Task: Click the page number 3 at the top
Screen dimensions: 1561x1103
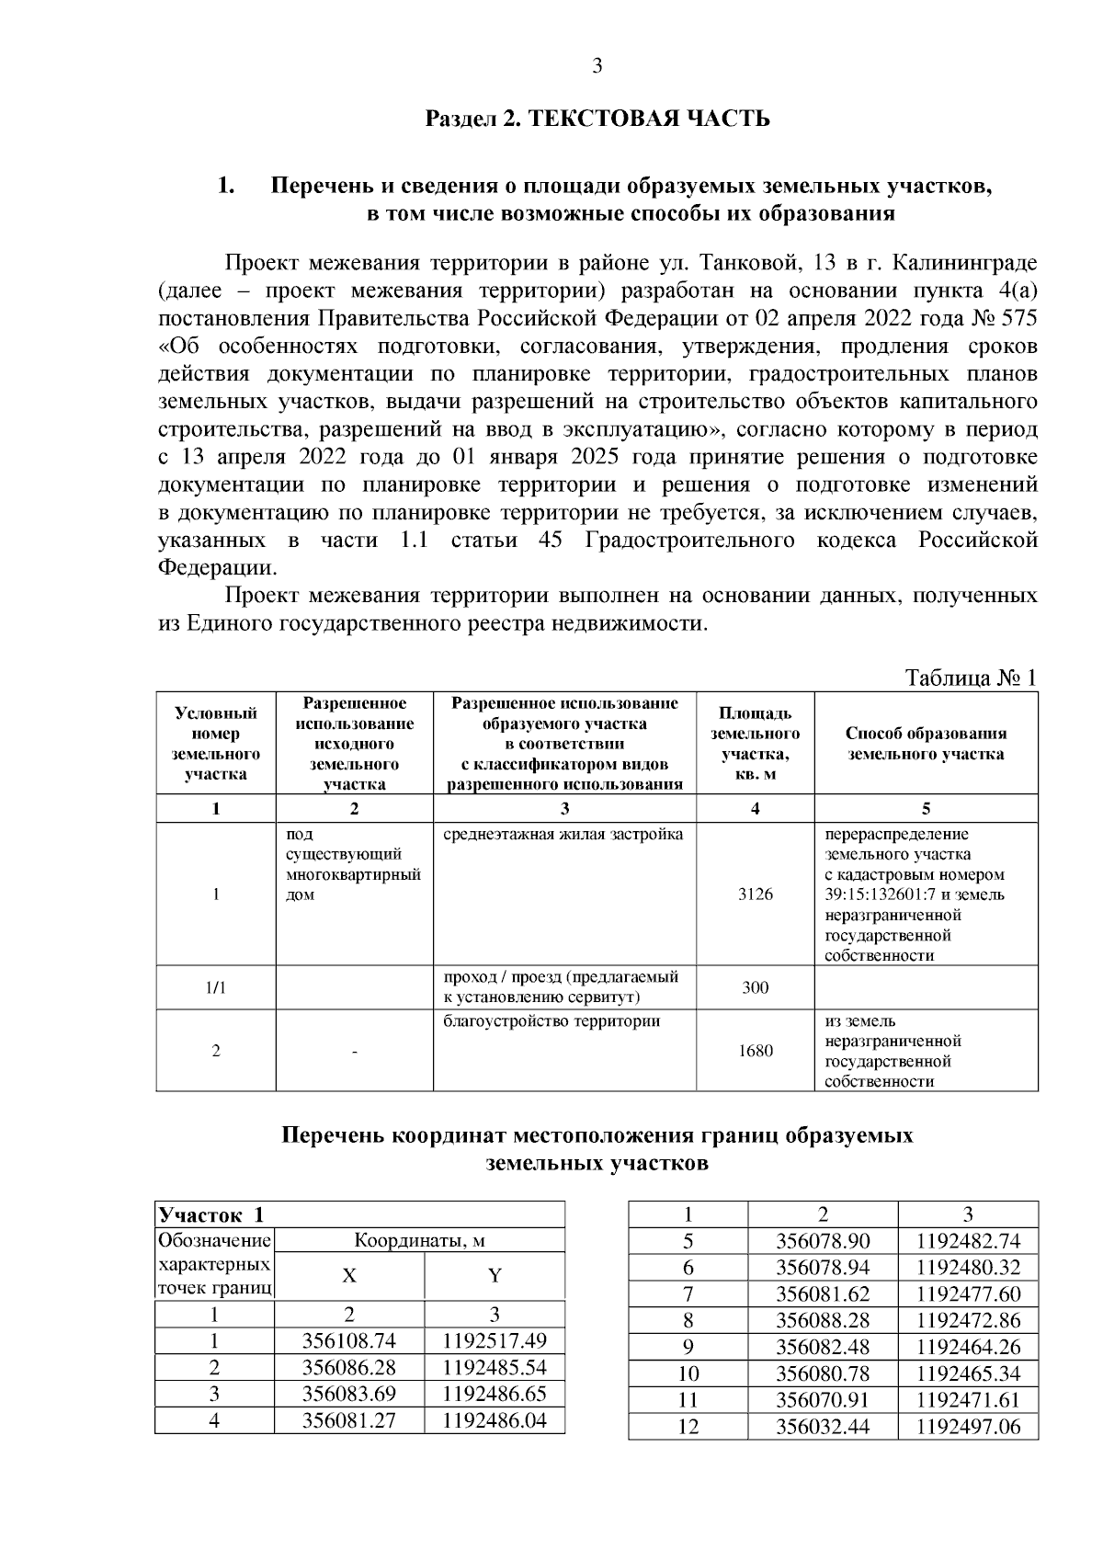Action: (x=597, y=66)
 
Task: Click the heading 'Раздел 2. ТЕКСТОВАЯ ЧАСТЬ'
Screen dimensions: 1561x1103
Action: (x=597, y=120)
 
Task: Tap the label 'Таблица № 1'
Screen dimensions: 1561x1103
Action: (x=971, y=678)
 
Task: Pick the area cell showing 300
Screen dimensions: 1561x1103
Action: (x=756, y=987)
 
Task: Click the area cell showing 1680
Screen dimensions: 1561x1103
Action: (x=756, y=1050)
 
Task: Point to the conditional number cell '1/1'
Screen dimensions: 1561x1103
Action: (x=216, y=987)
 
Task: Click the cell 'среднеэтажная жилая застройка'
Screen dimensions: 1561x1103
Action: (x=563, y=835)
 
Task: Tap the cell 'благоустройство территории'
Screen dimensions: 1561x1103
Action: (x=551, y=1021)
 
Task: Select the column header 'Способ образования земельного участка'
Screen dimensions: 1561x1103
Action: (x=926, y=744)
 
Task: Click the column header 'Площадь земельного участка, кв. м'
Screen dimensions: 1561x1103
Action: (x=756, y=744)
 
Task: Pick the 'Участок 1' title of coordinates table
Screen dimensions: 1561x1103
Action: (x=211, y=1214)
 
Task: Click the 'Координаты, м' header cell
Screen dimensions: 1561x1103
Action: (x=420, y=1240)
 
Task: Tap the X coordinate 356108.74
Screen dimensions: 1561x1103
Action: (x=349, y=1340)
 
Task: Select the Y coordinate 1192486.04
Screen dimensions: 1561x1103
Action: (x=495, y=1420)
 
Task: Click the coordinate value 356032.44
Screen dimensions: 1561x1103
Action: (x=823, y=1427)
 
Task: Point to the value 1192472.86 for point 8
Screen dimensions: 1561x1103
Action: (x=968, y=1320)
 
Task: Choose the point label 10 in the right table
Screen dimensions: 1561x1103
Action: (x=688, y=1373)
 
